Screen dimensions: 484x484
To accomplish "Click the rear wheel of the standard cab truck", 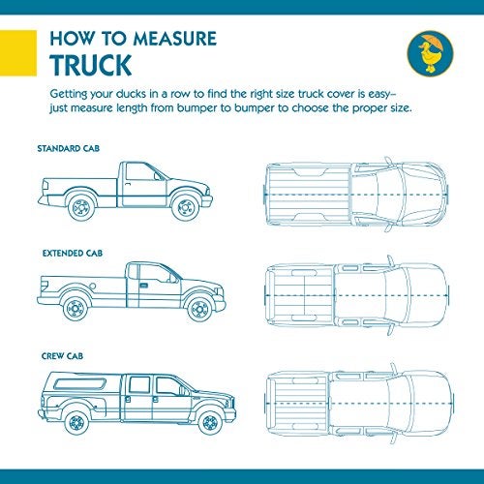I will (x=81, y=205).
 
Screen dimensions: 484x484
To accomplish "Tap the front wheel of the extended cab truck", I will (x=200, y=309).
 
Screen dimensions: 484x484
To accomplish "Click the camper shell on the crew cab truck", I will (x=82, y=384).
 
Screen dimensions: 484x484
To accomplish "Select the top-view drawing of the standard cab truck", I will (x=357, y=189).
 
